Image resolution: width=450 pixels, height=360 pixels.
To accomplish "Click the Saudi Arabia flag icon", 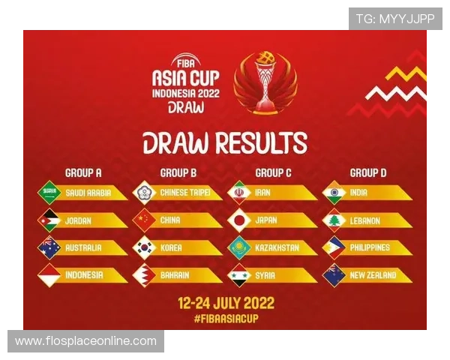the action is pos(49,192).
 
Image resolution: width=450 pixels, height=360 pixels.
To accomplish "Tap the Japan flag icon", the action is pos(239,220).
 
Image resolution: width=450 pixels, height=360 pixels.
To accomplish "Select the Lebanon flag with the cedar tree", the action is pos(334,220).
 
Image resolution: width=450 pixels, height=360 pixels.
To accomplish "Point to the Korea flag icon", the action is pos(144,247).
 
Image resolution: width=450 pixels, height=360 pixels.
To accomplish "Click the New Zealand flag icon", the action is pos(334,275).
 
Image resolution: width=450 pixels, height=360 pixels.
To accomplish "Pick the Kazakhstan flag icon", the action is pos(239,247).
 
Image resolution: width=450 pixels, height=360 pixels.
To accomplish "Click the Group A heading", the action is pos(83,172).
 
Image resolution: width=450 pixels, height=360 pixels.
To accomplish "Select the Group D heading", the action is pos(368,172).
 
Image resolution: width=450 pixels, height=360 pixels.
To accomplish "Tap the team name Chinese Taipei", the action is pos(185,192).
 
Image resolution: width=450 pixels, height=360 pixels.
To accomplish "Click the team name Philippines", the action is pos(370,247).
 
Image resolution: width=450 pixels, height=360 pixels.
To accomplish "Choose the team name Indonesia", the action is pos(84,275).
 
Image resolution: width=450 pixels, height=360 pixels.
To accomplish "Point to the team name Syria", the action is pos(265,275).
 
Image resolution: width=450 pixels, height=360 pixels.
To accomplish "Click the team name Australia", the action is pos(83,247).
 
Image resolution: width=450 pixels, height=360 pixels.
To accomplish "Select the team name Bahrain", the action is pos(175,275).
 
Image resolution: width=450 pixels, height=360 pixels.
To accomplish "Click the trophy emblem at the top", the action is pos(265,82).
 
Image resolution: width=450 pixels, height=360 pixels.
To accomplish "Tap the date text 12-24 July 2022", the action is pos(226,303).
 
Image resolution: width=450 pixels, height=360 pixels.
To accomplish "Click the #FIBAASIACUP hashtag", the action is pos(226,319).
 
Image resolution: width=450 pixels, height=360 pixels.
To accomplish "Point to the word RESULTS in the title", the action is pos(262,142).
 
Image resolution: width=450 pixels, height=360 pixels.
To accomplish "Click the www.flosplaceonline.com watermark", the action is pos(85,341).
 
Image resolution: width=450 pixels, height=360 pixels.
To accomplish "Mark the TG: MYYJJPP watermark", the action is pos(395,19).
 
